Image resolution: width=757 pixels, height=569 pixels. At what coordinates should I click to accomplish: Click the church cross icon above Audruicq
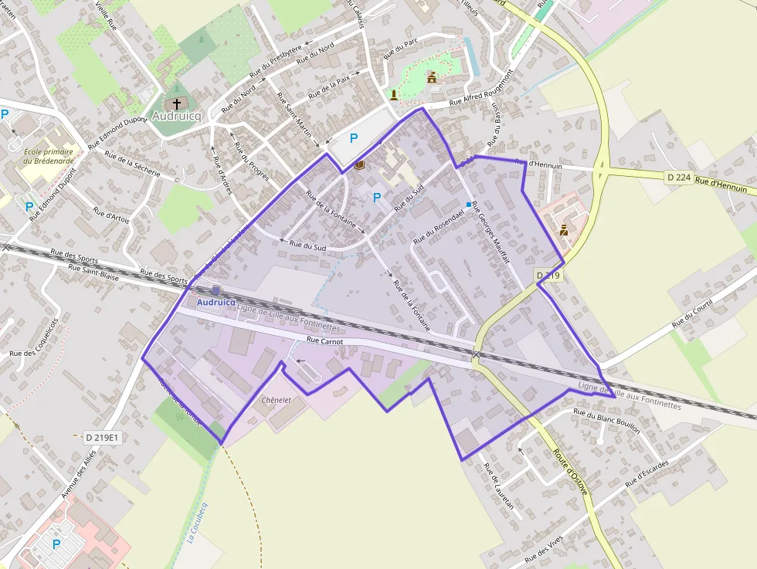point(176,103)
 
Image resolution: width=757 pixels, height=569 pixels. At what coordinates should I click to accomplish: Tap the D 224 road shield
point(677,178)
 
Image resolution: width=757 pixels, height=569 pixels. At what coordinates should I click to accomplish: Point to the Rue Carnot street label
point(324,340)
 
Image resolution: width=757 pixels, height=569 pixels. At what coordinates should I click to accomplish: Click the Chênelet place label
point(276,400)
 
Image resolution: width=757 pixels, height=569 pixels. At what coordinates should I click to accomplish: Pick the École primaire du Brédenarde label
point(49,156)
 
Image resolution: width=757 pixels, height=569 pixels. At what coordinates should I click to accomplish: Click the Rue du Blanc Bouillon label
point(606,422)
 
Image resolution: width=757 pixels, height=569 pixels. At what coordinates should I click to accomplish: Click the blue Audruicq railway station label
point(216,303)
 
